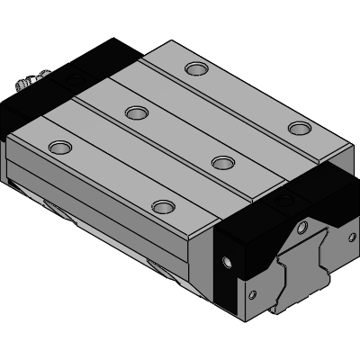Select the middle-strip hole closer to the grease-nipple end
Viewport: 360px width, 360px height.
(136, 112)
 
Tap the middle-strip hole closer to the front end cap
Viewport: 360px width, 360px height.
(221, 161)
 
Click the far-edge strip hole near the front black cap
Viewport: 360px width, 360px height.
(297, 128)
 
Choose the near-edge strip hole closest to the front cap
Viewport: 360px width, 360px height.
(162, 207)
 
